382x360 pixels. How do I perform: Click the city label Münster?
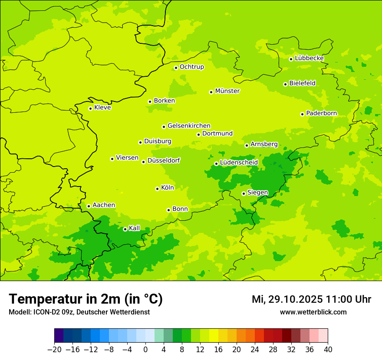[227, 91]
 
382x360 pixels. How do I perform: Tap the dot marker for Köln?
[157, 189]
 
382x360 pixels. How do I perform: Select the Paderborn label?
[321, 113]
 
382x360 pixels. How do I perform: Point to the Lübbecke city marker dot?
[291, 59]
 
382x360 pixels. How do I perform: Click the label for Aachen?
[104, 205]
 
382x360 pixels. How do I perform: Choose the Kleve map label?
[102, 108]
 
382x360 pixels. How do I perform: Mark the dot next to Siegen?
[244, 193]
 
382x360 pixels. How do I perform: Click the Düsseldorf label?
[163, 160]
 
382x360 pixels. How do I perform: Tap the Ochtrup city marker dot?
[176, 68]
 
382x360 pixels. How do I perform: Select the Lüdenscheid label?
[239, 163]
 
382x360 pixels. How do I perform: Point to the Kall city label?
[135, 228]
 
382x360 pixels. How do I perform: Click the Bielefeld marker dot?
[285, 84]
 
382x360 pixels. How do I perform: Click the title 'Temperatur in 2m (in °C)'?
[86, 299]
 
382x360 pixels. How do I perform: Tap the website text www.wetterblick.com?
[313, 312]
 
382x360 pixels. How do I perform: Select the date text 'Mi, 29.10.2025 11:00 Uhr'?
[311, 299]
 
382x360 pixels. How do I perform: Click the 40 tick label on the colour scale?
[328, 350]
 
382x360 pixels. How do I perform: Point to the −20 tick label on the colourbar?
[54, 350]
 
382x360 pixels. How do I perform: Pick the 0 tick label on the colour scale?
[145, 350]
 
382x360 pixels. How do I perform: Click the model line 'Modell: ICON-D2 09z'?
[79, 312]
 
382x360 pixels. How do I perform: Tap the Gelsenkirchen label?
[189, 126]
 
